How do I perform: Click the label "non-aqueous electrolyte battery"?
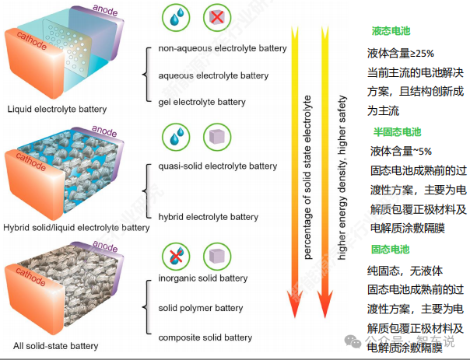[223, 48]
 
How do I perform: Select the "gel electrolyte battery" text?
[202, 102]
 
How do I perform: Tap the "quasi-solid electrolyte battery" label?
[218, 166]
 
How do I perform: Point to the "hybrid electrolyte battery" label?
[208, 217]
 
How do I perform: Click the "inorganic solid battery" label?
[203, 278]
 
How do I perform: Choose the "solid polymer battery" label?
[201, 308]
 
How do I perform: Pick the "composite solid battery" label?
[205, 337]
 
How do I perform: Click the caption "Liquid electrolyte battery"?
[57, 109]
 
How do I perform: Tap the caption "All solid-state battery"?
[55, 346]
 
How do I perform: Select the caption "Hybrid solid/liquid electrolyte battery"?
[76, 228]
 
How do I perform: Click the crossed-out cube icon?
[217, 17]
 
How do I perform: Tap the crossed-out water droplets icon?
[176, 257]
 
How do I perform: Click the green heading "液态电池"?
[391, 31]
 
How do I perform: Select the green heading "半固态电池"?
[397, 131]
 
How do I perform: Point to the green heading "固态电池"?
[391, 249]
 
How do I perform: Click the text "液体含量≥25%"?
[401, 54]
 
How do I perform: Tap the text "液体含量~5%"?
[401, 152]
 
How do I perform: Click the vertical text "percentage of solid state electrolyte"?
[307, 177]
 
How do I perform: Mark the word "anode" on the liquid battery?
[105, 10]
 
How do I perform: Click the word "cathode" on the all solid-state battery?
[30, 277]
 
